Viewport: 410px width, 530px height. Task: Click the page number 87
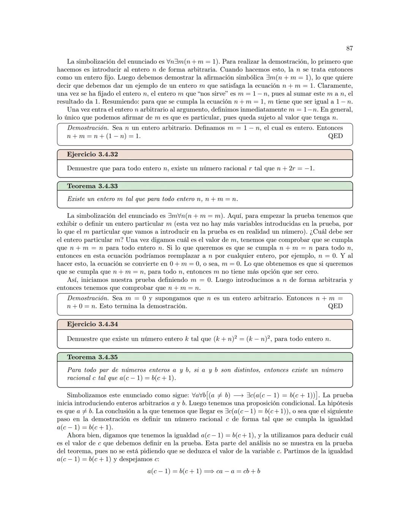[x=350, y=48]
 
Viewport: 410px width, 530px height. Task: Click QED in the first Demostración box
[x=335, y=136]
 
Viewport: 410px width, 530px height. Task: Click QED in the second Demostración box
[x=335, y=306]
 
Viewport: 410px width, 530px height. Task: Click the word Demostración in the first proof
[x=88, y=128]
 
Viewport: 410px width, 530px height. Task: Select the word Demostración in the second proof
[x=88, y=298]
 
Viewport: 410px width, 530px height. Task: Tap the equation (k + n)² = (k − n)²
[x=241, y=338]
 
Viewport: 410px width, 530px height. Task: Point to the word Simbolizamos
[x=87, y=395]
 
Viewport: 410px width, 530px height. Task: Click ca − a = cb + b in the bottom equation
[x=238, y=471]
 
